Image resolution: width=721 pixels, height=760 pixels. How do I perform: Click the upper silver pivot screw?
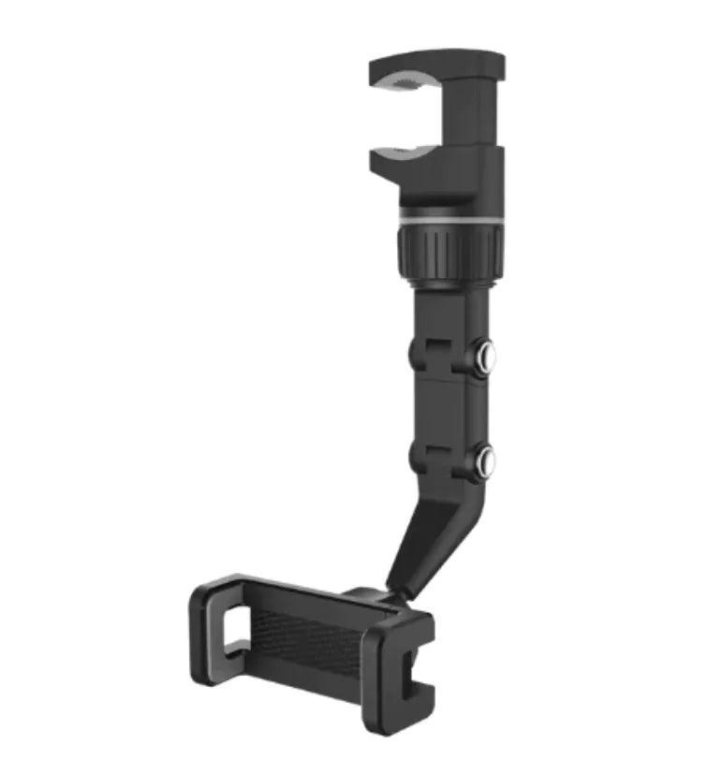(486, 358)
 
